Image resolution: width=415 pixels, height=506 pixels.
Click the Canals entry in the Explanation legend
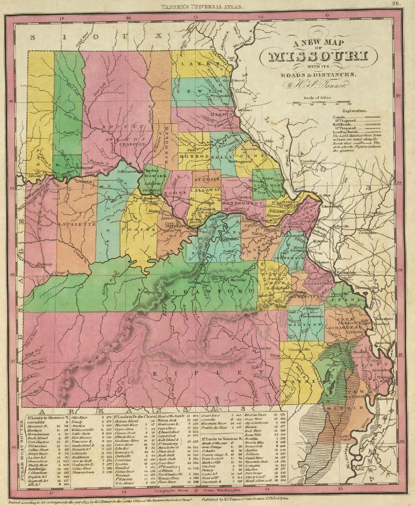click(x=338, y=118)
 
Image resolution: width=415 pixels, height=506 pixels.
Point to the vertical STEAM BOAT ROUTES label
click(x=21, y=455)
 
